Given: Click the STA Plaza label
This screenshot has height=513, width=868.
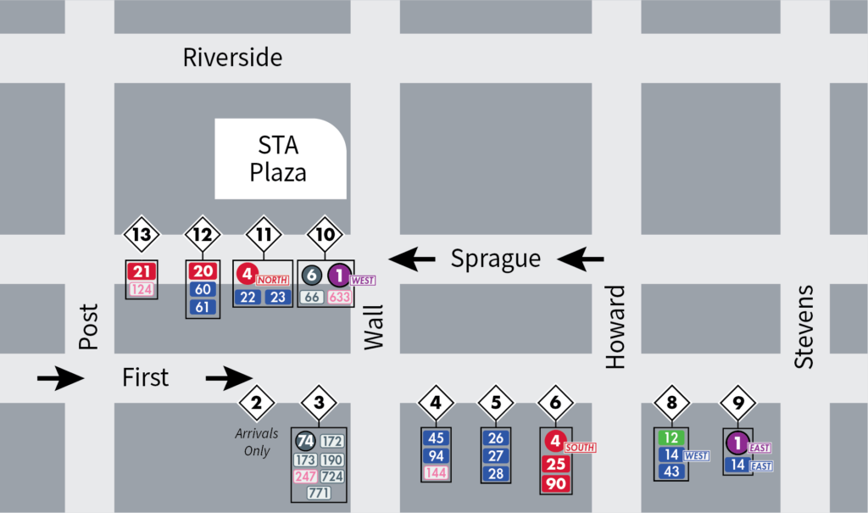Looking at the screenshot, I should click(278, 159).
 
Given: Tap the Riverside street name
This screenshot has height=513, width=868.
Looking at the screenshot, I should click(232, 58).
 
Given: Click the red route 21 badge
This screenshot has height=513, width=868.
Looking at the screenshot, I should click(142, 271).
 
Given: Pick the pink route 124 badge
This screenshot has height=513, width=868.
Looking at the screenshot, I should click(142, 289).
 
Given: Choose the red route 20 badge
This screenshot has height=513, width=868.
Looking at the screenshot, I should click(203, 271).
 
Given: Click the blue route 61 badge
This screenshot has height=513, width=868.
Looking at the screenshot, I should click(203, 307).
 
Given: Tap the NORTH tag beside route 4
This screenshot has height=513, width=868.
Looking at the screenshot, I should click(274, 279).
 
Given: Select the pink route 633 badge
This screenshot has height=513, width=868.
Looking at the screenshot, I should click(339, 297).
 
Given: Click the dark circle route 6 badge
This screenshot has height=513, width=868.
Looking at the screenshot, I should click(312, 275).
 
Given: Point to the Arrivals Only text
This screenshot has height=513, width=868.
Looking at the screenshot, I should click(257, 442).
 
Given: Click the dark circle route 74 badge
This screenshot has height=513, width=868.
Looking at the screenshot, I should click(305, 441).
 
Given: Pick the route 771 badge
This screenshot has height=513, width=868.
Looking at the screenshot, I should click(319, 493).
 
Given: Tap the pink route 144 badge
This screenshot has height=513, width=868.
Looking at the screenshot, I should click(437, 473).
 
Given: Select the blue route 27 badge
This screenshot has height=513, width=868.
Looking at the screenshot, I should click(497, 456).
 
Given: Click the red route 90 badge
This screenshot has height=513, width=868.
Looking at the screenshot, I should click(556, 483).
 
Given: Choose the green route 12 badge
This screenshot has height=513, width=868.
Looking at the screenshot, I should click(671, 438).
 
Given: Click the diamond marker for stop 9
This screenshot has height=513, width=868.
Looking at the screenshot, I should click(737, 403).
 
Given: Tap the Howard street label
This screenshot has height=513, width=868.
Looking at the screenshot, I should click(615, 327).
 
